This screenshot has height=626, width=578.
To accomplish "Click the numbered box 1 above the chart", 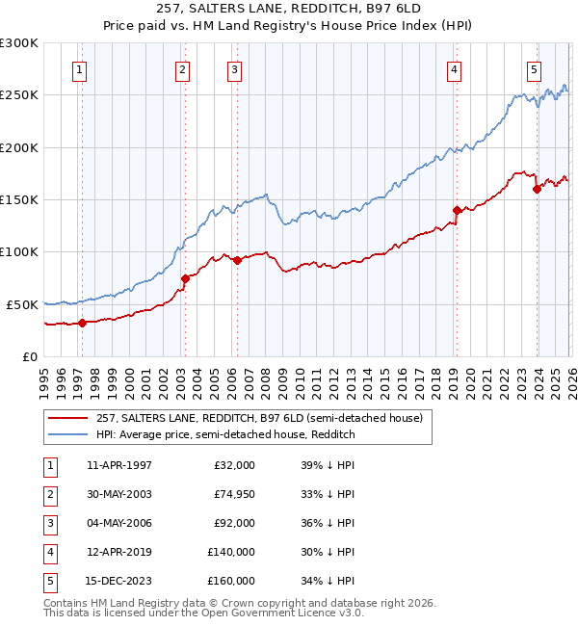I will [78, 68].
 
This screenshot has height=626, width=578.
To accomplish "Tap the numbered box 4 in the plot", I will [453, 68].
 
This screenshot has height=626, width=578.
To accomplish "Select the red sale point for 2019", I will [457, 210].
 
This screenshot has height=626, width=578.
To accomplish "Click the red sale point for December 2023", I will [537, 189].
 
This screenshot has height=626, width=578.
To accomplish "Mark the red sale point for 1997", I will [82, 323].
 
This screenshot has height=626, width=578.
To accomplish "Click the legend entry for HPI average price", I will [225, 434].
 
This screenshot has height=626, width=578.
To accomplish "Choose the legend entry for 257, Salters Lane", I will [259, 418].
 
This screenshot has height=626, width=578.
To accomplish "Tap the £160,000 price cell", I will [230, 581].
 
